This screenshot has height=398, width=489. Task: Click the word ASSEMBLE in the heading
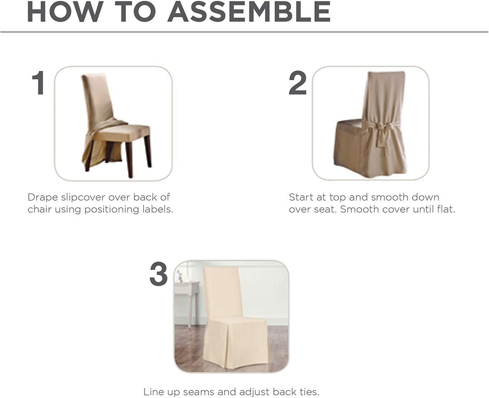pos(249,12)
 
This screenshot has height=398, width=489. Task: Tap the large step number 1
pos(38,83)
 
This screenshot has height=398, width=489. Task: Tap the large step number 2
pos(298,83)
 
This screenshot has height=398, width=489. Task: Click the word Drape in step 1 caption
pos(41,198)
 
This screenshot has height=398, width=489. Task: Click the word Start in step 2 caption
pos(301,198)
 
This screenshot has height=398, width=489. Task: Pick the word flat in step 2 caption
pos(446,210)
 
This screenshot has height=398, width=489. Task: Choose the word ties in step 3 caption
pos(310,392)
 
